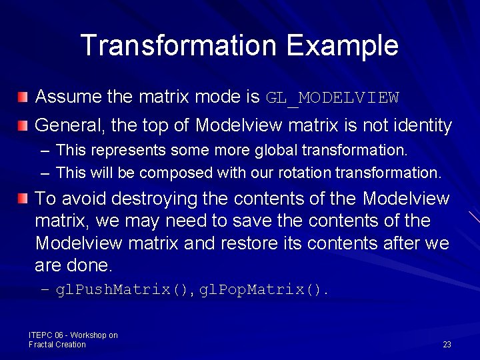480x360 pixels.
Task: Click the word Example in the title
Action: (342, 45)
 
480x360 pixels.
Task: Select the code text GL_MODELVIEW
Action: (332, 98)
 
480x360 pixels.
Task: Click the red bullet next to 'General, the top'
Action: (23, 125)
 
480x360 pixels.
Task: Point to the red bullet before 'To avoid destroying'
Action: (23, 198)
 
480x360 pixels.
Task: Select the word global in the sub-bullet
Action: (277, 151)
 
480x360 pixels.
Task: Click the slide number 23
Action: (447, 345)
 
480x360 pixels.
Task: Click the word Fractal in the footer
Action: (42, 345)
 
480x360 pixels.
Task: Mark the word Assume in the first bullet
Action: (68, 97)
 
